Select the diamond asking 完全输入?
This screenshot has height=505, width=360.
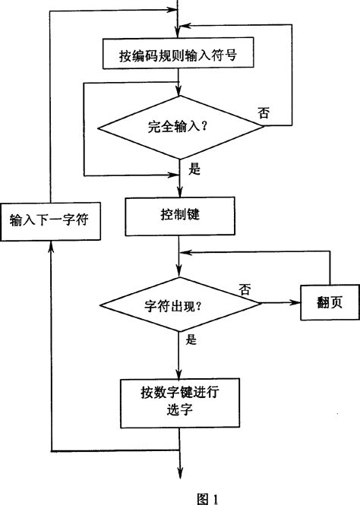click(178, 126)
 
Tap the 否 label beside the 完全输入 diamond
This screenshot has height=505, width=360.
click(264, 112)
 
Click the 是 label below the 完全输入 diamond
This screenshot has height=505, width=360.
click(194, 169)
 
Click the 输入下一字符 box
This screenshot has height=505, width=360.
click(49, 220)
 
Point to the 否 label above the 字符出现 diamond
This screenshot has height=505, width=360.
click(245, 289)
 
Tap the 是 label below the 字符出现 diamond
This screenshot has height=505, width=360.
click(192, 340)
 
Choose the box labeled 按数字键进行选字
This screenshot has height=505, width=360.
click(179, 401)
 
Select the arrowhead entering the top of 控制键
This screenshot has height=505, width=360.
click(178, 194)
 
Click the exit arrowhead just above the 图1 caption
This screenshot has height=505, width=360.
click(178, 474)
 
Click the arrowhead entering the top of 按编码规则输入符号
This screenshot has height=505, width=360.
click(178, 33)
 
